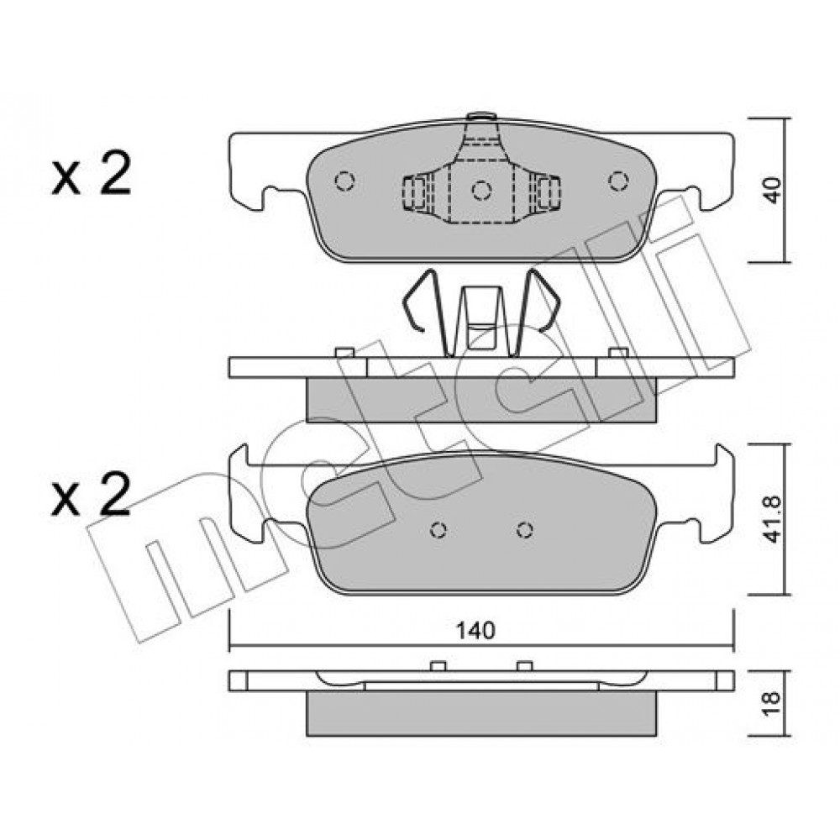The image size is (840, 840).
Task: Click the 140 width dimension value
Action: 475,631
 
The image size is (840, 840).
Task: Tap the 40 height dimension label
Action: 772,190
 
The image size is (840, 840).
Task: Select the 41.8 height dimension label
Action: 772,520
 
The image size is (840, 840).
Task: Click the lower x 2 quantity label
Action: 91,494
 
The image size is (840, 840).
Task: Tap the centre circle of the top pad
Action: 481,190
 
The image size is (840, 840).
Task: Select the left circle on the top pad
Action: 344,181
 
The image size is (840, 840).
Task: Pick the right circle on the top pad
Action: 619,181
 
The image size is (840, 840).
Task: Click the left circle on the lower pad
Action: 438,530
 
